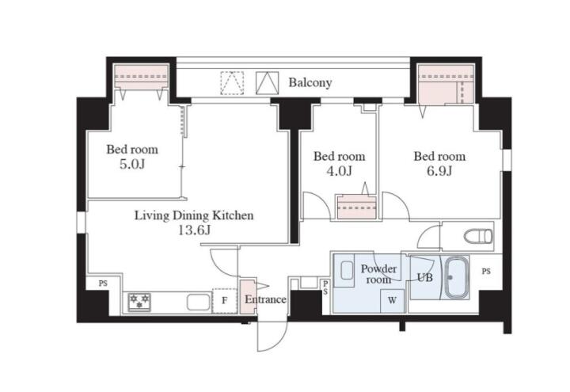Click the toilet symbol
(x=478, y=237)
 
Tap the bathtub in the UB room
(x=457, y=278)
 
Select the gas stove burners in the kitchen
(x=139, y=302)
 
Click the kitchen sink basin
(x=199, y=303)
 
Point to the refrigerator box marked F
(x=225, y=301)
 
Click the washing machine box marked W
(x=392, y=300)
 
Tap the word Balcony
(x=310, y=82)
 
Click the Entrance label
(x=265, y=299)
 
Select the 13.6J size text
(x=195, y=230)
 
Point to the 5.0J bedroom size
(x=132, y=165)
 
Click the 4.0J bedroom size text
(x=339, y=171)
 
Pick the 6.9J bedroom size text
(x=439, y=171)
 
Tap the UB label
(x=424, y=277)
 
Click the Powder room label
(x=378, y=274)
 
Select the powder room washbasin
(x=348, y=270)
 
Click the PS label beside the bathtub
(x=486, y=272)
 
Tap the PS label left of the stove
(x=103, y=283)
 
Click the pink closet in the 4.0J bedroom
(x=356, y=207)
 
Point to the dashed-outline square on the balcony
(x=232, y=83)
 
